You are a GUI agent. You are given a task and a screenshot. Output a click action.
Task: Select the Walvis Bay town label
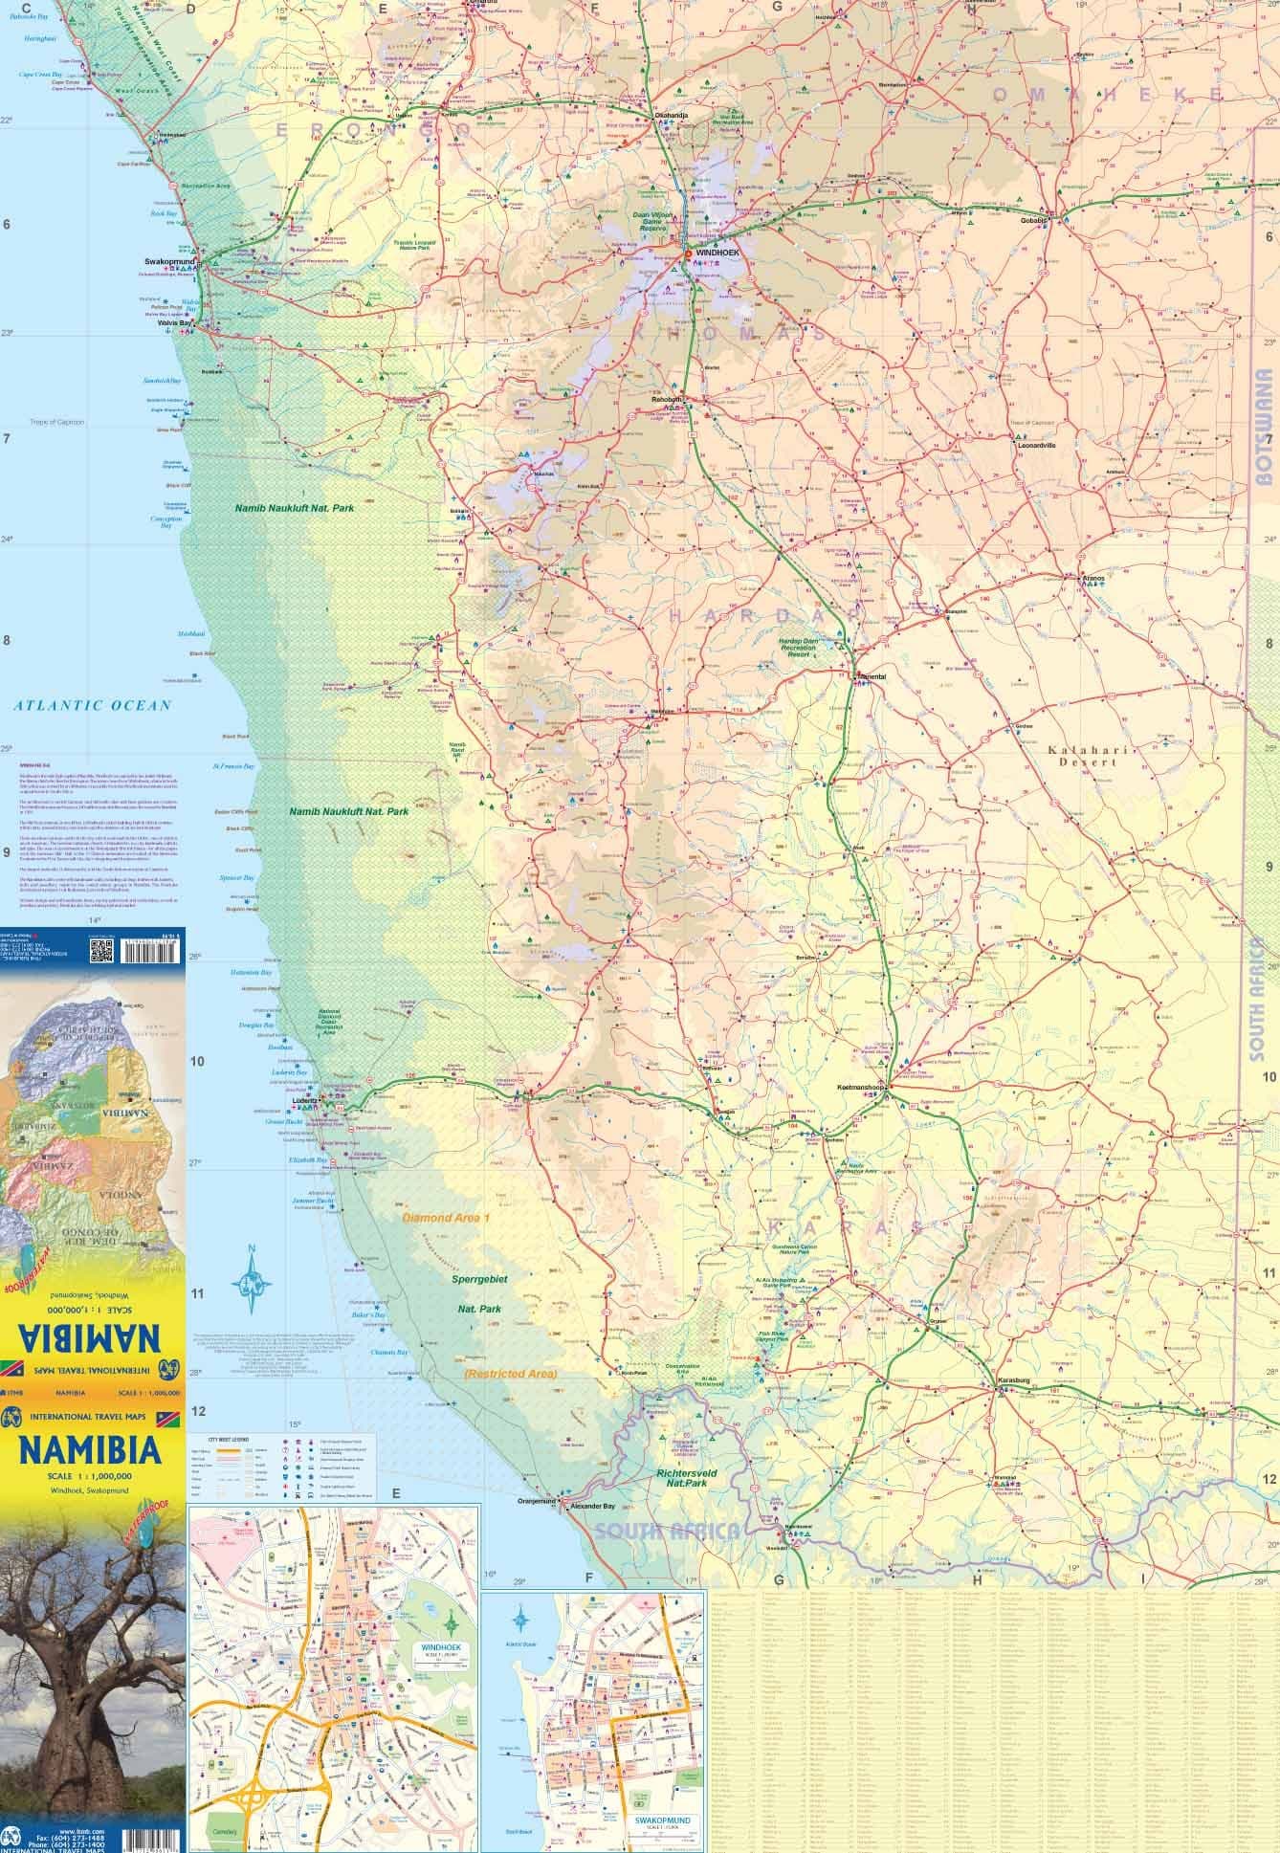pos(175,323)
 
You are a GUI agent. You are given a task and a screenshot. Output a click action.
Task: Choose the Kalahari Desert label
pos(1081,756)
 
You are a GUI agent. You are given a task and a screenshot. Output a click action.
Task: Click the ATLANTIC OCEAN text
pos(92,706)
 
